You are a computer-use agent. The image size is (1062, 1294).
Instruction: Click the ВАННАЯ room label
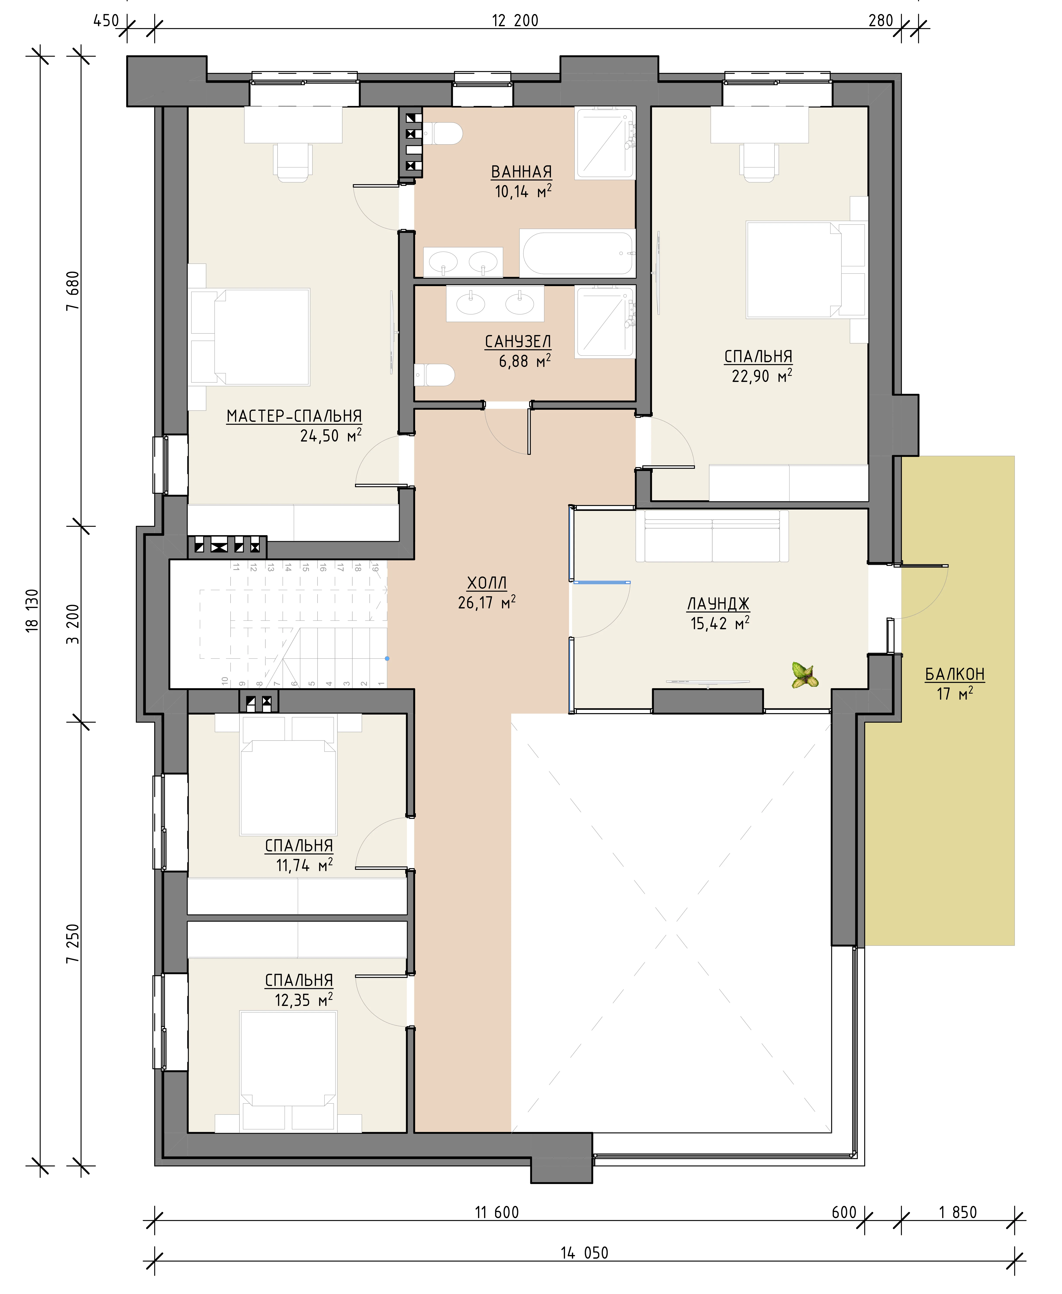521,172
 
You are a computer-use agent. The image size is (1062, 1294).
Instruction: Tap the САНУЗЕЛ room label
517,341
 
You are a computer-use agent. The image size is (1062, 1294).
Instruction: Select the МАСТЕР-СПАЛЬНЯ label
294,416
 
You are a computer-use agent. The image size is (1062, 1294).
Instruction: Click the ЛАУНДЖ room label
718,604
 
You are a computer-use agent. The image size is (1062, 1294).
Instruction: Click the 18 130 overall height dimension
33,610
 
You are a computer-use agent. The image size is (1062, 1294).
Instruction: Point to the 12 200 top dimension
515,21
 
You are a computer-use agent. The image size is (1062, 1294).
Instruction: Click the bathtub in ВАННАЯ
577,253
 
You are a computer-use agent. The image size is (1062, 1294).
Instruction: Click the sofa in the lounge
712,536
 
